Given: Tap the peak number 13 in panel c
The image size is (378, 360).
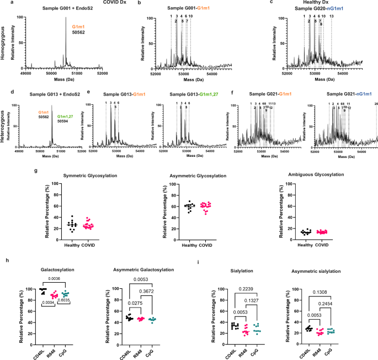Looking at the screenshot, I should point(331,16).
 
